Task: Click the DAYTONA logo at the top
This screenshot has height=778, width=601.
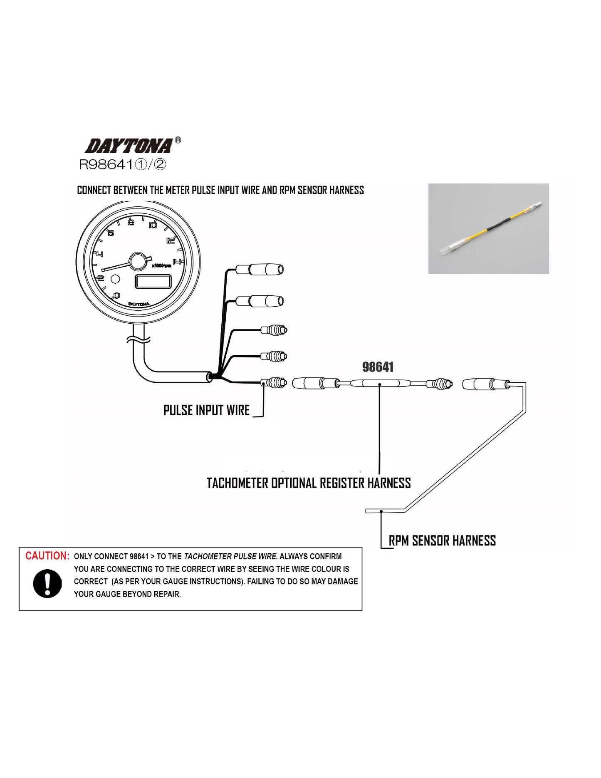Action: pos(129,146)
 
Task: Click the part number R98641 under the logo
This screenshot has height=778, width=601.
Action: pos(122,165)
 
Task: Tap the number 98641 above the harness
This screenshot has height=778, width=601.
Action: pos(378,367)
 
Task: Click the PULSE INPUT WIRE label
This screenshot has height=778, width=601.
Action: pos(206,410)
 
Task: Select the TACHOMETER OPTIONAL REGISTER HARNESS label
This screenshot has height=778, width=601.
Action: pos(309,483)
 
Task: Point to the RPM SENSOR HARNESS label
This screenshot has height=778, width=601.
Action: pos(442,540)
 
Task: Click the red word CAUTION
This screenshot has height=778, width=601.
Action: pos(47,556)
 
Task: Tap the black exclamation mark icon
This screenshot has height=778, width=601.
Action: pos(47,584)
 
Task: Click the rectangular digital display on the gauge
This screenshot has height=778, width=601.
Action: pos(153,282)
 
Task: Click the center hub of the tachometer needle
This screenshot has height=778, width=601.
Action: pos(139,261)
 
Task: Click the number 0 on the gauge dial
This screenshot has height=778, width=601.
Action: pos(117,296)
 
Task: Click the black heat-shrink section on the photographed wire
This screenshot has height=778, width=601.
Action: pos(496,226)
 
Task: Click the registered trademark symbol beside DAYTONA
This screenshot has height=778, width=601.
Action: pos(178,140)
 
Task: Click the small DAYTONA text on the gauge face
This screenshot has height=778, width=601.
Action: pos(139,304)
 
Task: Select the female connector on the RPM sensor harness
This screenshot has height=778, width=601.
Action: pos(485,384)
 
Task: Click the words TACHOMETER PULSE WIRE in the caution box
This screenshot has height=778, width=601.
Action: pos(230,556)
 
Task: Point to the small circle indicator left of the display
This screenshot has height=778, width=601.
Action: pos(115,279)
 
